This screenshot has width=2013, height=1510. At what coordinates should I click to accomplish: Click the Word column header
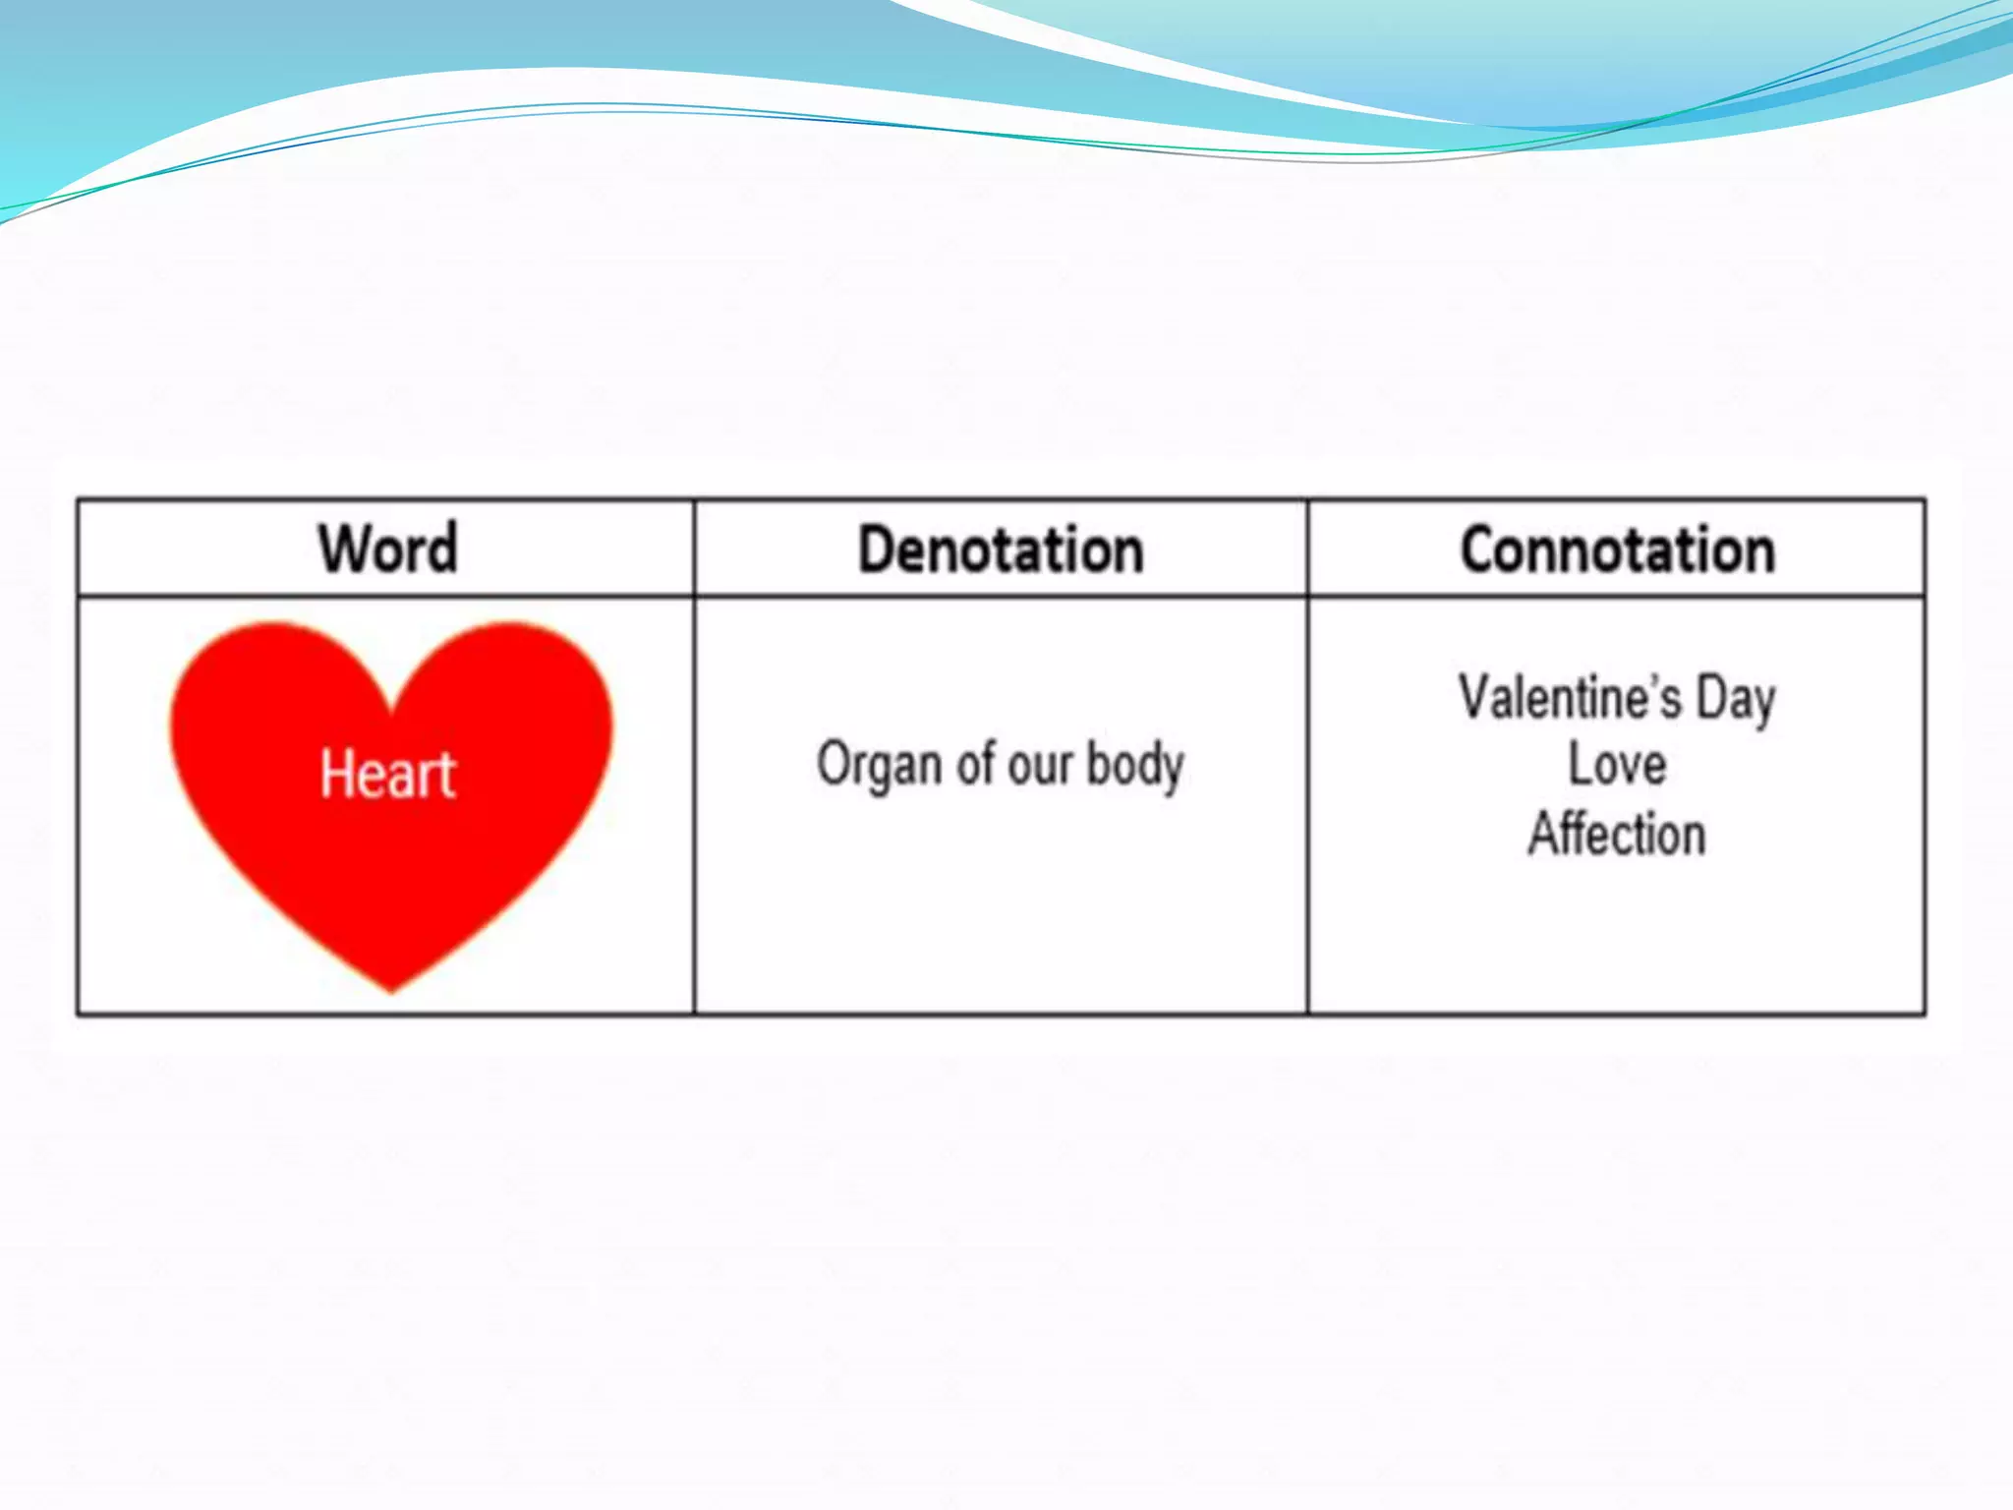tap(388, 548)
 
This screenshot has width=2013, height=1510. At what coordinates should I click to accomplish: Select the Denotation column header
tap(1001, 549)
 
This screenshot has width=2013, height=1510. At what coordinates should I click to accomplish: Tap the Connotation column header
tap(1617, 549)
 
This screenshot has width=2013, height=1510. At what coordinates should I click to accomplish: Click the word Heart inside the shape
tap(388, 773)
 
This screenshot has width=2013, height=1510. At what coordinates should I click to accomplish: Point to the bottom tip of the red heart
tap(391, 987)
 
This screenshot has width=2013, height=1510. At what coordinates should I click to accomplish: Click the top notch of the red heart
tap(392, 706)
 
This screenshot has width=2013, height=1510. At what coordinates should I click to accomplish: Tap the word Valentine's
tap(1569, 697)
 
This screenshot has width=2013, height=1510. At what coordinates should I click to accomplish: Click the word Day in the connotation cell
tap(1736, 699)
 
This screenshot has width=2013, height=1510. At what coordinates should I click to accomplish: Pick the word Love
tap(1617, 764)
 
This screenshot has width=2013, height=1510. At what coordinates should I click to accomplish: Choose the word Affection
tap(1617, 834)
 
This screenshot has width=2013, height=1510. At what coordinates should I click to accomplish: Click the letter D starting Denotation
tap(878, 549)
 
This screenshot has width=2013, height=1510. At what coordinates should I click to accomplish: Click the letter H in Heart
tap(337, 773)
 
